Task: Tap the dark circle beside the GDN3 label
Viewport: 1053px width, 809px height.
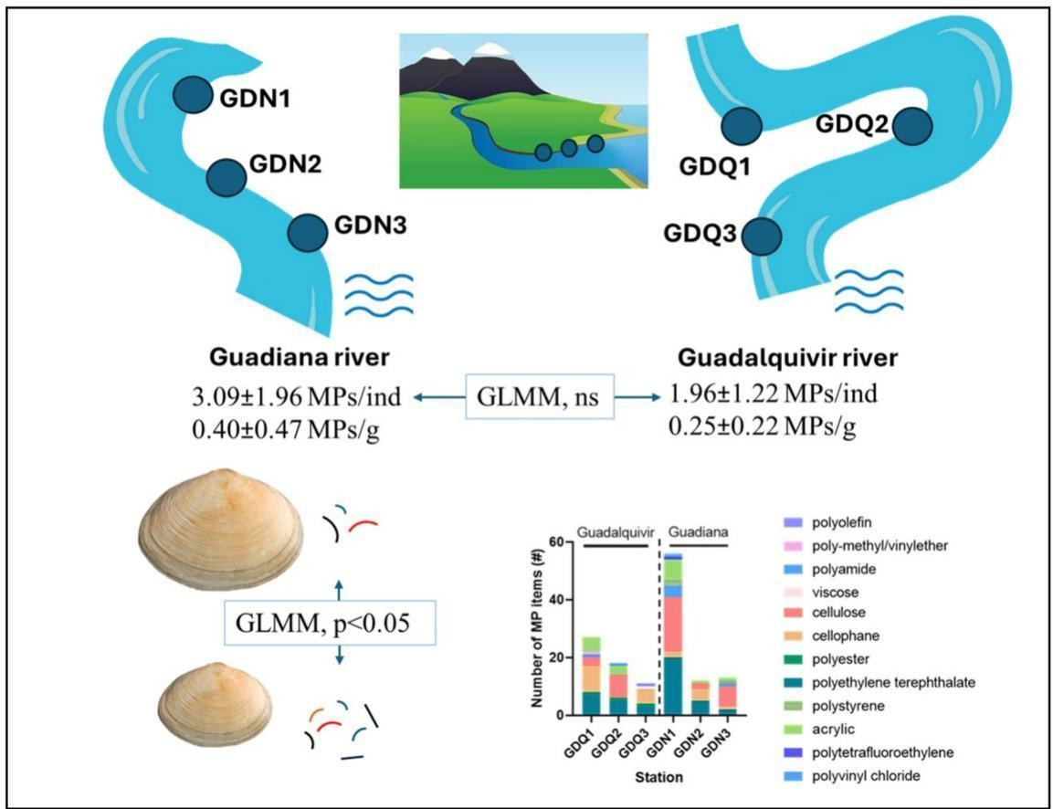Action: tap(308, 233)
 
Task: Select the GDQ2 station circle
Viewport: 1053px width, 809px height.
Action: tap(912, 127)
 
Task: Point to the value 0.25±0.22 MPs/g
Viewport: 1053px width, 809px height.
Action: tap(763, 426)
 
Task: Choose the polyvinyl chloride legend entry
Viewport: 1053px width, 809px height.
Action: tap(856, 775)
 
